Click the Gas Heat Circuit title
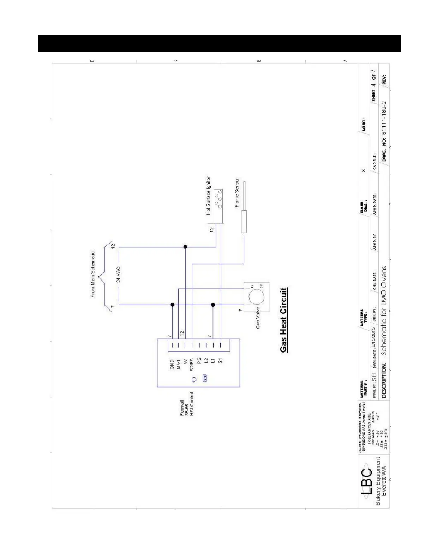[x=284, y=320]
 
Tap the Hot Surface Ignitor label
[x=209, y=196]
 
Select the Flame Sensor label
[x=237, y=193]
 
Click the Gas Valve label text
[x=258, y=318]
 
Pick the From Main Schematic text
[x=93, y=274]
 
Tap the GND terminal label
[x=172, y=365]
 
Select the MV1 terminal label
[x=179, y=365]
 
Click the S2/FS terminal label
[x=192, y=365]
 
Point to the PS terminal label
[x=199, y=361]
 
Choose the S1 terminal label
[x=220, y=361]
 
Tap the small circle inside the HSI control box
[x=194, y=379]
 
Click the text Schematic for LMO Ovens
[x=384, y=311]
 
